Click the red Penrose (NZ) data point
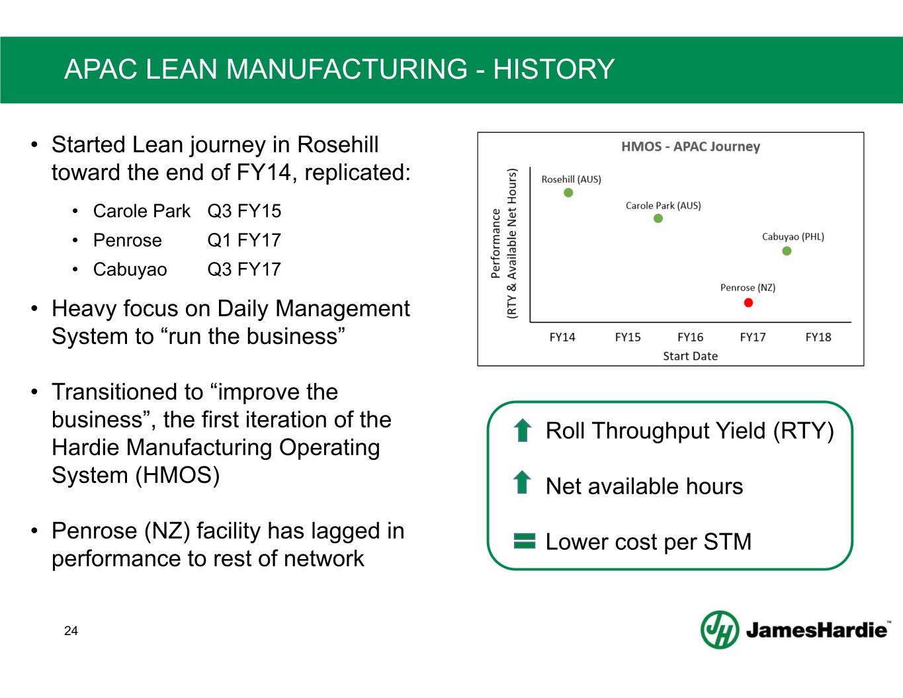(x=748, y=303)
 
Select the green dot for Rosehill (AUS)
(x=568, y=193)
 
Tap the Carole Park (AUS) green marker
(x=658, y=218)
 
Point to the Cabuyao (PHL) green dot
(x=787, y=251)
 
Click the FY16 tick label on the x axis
(x=690, y=337)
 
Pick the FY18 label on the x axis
(x=818, y=337)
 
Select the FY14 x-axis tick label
(x=562, y=337)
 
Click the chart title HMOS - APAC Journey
(x=691, y=146)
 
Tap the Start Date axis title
(x=690, y=356)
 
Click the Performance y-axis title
(x=495, y=243)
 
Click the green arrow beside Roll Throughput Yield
(x=523, y=430)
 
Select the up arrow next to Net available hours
(x=523, y=482)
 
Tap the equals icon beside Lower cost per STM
(x=525, y=541)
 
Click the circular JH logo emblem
(x=720, y=630)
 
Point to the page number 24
(x=71, y=631)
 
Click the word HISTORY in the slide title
(x=554, y=69)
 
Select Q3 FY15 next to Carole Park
(x=244, y=211)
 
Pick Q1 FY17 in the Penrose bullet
(x=244, y=240)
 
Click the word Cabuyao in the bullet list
(x=130, y=270)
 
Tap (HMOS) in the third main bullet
(x=177, y=475)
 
